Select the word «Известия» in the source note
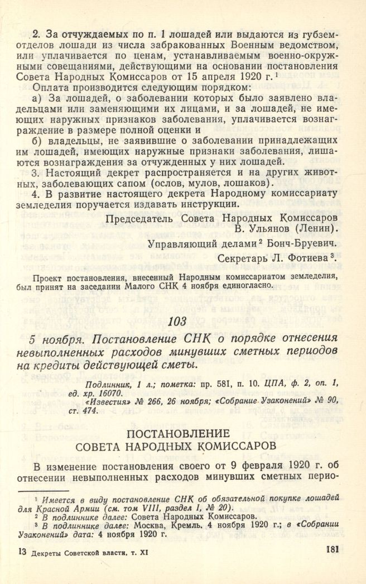click(105, 400)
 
